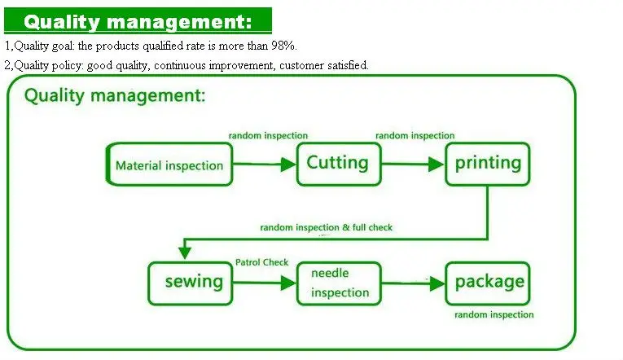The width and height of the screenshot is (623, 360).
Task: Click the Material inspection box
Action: (x=169, y=165)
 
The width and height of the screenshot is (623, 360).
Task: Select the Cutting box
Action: (x=337, y=163)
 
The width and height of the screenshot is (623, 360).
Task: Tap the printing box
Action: (x=487, y=163)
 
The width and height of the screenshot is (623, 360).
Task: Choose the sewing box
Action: (x=193, y=282)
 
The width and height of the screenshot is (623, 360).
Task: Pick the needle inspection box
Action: (x=340, y=283)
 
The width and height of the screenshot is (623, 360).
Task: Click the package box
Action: (x=488, y=283)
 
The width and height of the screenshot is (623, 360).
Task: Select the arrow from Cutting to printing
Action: (x=412, y=165)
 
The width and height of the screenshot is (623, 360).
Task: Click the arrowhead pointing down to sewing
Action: (x=186, y=252)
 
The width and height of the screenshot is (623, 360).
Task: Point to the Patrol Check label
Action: (x=261, y=263)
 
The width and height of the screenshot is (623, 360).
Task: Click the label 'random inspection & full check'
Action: (x=326, y=227)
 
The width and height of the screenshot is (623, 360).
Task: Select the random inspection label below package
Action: (x=494, y=314)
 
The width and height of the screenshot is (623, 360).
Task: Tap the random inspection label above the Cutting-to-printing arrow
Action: (x=415, y=135)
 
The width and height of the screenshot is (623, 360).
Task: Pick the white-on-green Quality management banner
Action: (x=136, y=20)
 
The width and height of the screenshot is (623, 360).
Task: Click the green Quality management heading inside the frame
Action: (x=115, y=95)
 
